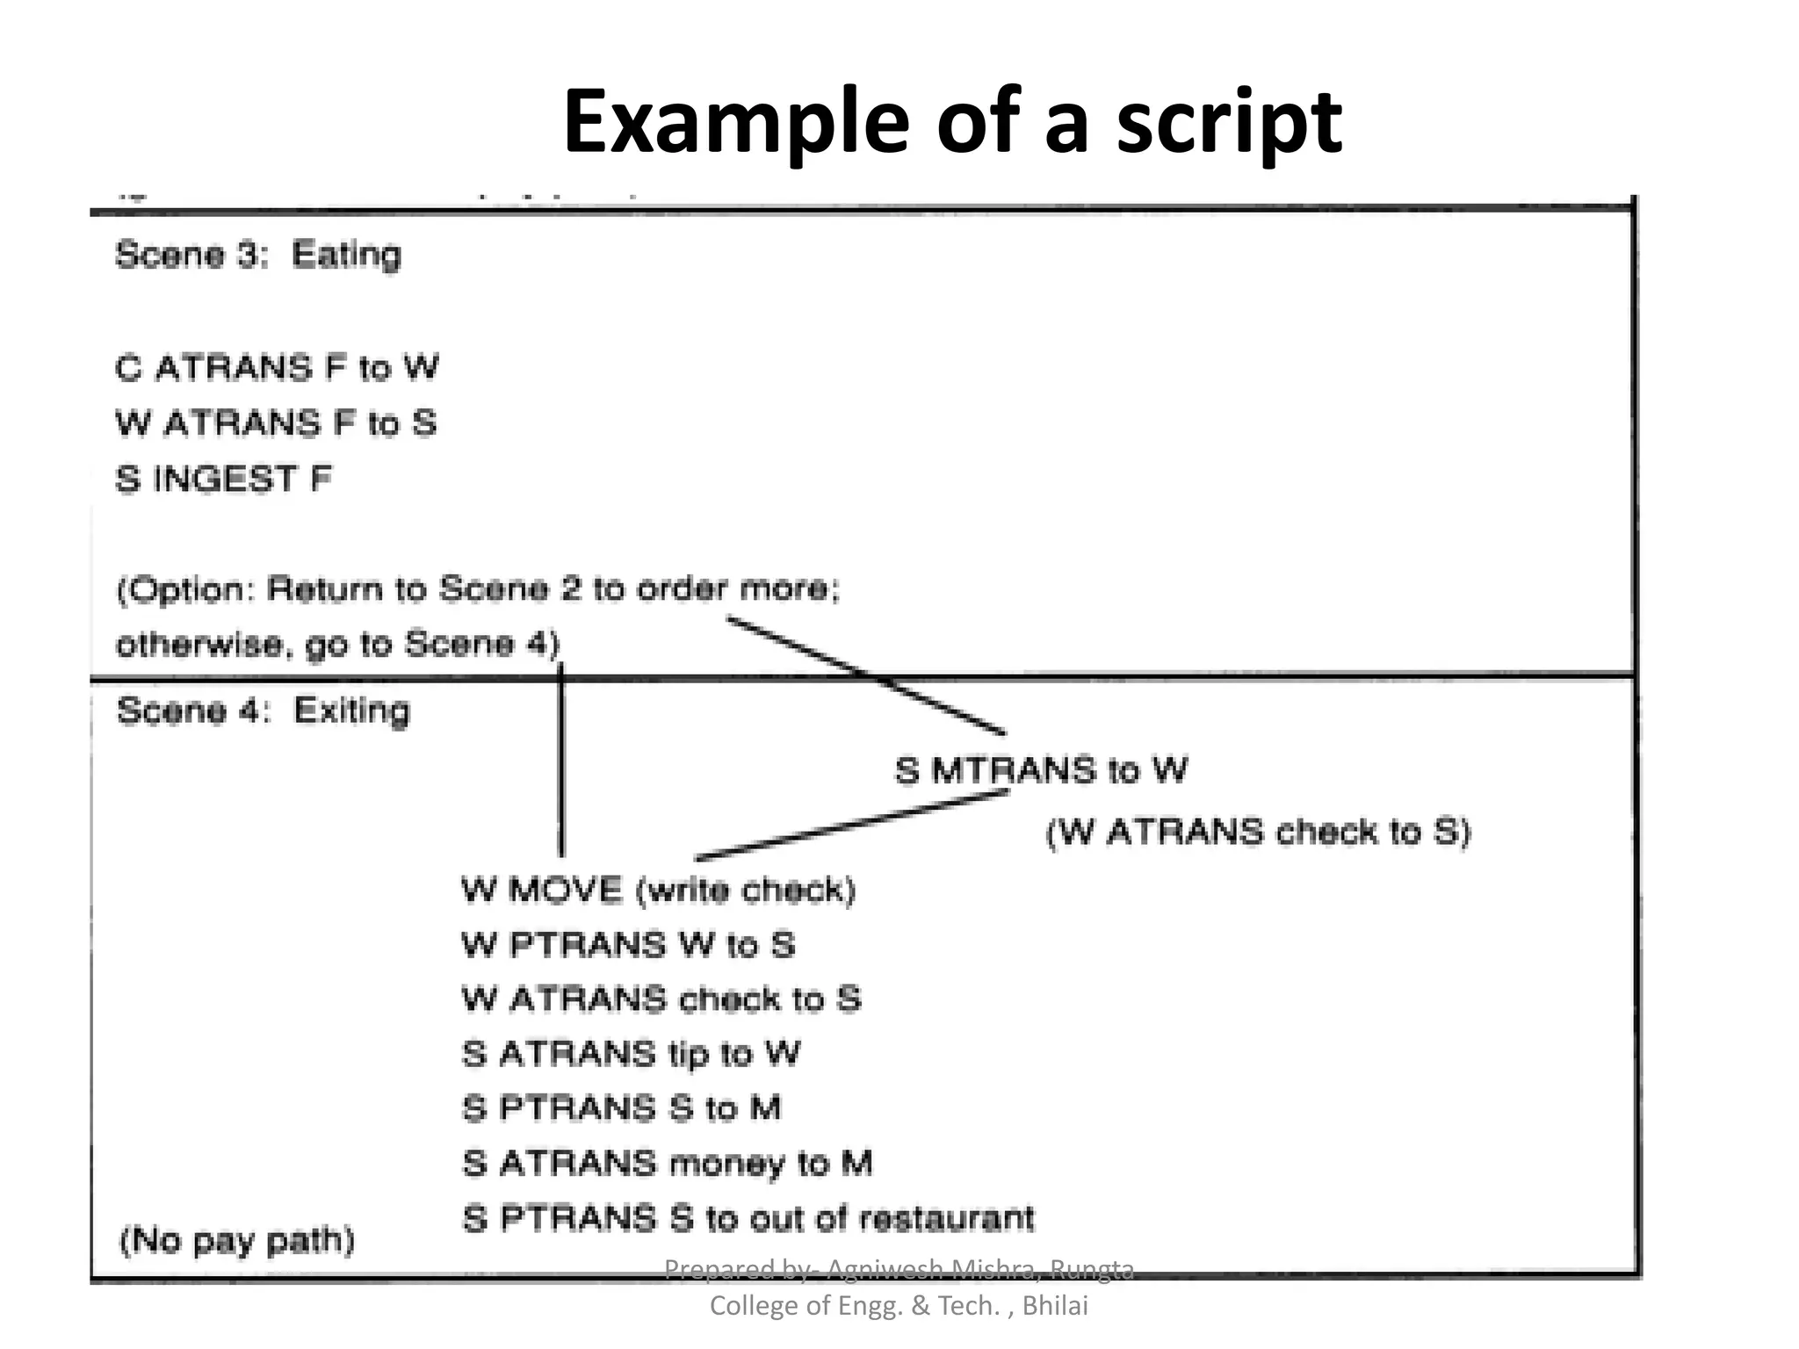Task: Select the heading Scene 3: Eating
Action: click(258, 255)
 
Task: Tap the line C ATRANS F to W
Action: click(277, 367)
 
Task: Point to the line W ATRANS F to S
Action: click(276, 423)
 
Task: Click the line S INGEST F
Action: click(223, 480)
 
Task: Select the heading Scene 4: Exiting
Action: click(263, 711)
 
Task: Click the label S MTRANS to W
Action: click(1041, 770)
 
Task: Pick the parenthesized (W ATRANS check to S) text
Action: click(1258, 831)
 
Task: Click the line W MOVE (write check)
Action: click(658, 891)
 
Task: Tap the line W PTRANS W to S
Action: click(628, 945)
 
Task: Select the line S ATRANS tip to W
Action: click(631, 1053)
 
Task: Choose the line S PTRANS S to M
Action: click(621, 1107)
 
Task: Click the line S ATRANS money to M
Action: click(668, 1163)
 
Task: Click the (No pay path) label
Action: click(236, 1240)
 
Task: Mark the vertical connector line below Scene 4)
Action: click(561, 764)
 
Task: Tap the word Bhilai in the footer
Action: click(1055, 1306)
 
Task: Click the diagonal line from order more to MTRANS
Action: click(865, 674)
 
